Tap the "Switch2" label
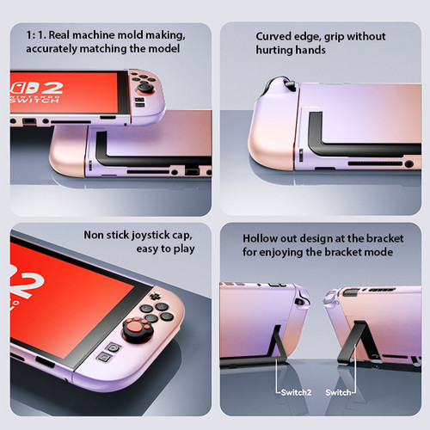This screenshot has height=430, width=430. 296,392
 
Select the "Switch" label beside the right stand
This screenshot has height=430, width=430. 338,392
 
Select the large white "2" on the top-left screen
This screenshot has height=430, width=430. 52,88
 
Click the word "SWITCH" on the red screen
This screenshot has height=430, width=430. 35,101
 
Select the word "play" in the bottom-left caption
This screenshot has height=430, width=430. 184,249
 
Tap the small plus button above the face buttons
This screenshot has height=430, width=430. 155,296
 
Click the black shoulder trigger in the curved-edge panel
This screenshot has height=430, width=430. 290,84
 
